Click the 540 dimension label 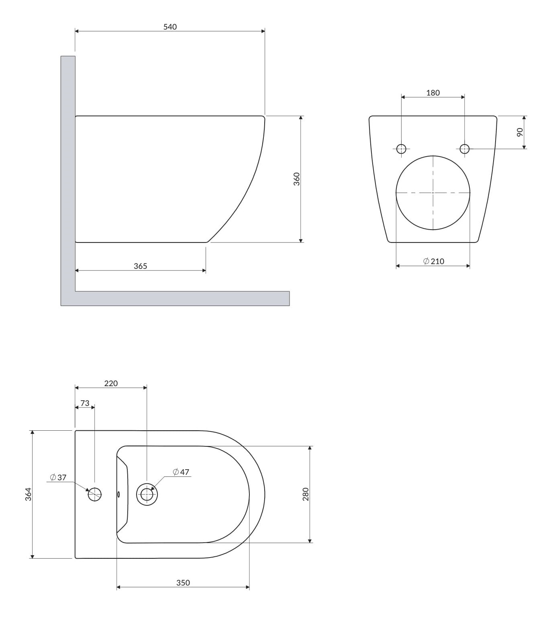tap(170, 27)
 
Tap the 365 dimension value tap(141, 266)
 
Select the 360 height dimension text tap(296, 179)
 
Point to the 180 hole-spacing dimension tap(433, 93)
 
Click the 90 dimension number tap(520, 132)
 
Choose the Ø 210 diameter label tap(434, 261)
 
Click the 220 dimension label tap(111, 383)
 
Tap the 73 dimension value tap(85, 403)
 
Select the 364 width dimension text tap(28, 494)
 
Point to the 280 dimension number tap(306, 494)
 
